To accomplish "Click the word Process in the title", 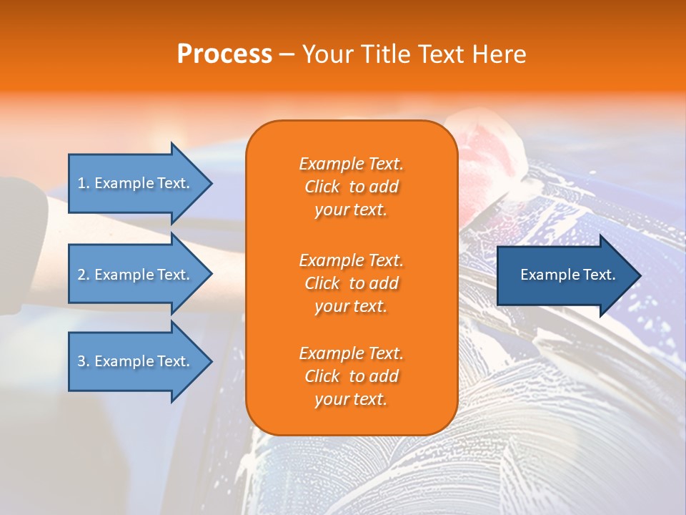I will [x=224, y=54].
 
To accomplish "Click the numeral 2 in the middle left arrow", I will [x=81, y=275].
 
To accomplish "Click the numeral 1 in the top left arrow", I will [x=81, y=183].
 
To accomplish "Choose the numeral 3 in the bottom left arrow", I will [x=81, y=361].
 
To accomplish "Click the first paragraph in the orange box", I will [x=351, y=187].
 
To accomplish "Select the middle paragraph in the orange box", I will [x=351, y=283].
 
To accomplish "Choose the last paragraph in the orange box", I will [x=351, y=376].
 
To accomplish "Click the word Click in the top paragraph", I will [x=322, y=187].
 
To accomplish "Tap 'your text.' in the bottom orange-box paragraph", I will [x=351, y=399].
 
